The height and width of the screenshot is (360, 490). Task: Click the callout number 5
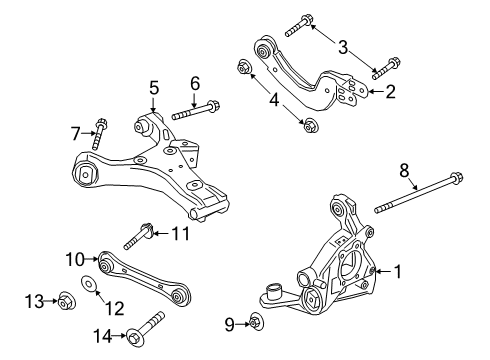click(x=154, y=88)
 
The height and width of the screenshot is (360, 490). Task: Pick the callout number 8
click(x=195, y=83)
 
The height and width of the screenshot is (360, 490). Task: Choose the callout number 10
click(x=73, y=132)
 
